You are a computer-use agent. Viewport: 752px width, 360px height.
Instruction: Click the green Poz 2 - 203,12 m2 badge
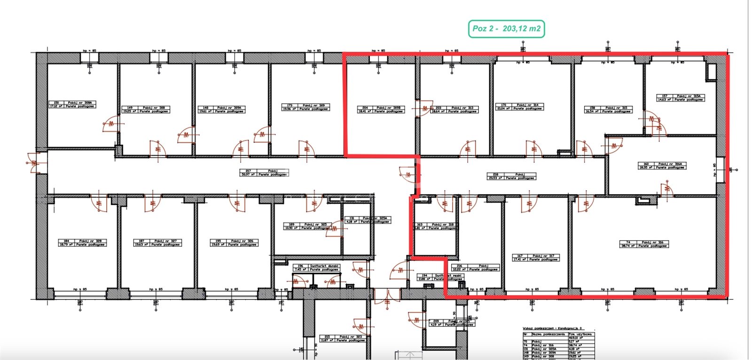pyautogui.click(x=506, y=29)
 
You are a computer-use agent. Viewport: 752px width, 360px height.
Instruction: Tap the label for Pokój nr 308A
pyautogui.click(x=72, y=104)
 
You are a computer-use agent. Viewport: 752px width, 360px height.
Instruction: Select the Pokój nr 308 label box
pyautogui.click(x=145, y=110)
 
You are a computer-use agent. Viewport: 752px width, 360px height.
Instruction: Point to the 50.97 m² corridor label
pyautogui.click(x=264, y=172)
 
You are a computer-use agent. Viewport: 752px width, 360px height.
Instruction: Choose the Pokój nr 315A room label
pyautogui.click(x=680, y=97)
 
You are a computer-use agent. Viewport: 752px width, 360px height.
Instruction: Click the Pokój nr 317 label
pyautogui.click(x=535, y=257)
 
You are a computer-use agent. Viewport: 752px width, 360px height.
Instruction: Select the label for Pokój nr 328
pyautogui.click(x=82, y=243)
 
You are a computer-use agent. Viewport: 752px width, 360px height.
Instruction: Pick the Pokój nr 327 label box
pyautogui.click(x=157, y=243)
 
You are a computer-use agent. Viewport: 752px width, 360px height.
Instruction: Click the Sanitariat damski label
pyautogui.click(x=316, y=267)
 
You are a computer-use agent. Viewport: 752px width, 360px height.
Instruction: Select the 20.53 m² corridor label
pyautogui.click(x=511, y=176)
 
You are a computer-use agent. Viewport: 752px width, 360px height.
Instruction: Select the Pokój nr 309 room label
pyautogui.click(x=305, y=107)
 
